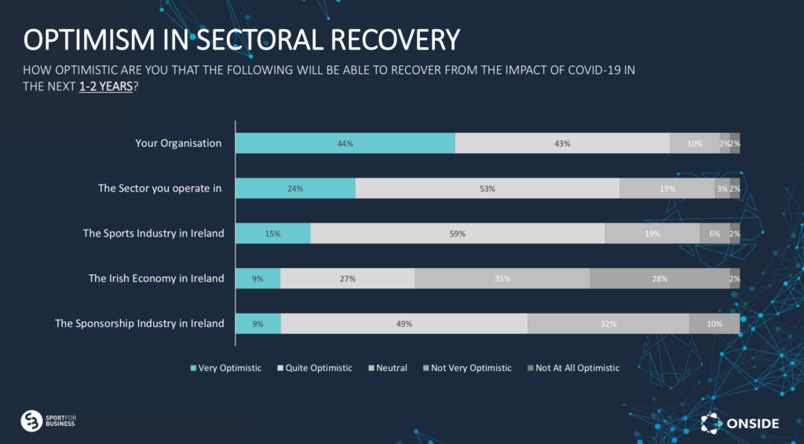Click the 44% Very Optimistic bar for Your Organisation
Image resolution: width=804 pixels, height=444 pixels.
coord(345,143)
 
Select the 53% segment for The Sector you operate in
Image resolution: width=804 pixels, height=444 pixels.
coord(487,189)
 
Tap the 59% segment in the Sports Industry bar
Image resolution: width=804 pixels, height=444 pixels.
coord(458,233)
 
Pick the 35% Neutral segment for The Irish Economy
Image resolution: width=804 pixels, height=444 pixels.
coord(502,278)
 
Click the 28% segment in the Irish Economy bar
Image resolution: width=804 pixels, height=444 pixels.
coord(660,278)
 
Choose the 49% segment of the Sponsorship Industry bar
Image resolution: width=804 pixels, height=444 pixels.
coord(404,324)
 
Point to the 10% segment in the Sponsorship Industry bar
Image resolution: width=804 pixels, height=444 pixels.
coord(714,324)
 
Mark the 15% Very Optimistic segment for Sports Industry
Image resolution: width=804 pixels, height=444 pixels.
coord(273,233)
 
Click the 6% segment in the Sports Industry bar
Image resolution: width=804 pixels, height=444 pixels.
coord(714,233)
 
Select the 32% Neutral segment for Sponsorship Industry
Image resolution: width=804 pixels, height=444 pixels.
coord(608,324)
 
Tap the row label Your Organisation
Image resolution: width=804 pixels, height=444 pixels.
coord(178,143)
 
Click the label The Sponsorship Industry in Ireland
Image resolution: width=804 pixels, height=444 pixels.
coord(140,324)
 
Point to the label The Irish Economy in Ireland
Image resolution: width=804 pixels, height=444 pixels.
coord(156,278)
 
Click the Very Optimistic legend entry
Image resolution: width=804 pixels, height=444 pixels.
coord(226,368)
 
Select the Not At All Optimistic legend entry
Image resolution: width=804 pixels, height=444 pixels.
coord(574,368)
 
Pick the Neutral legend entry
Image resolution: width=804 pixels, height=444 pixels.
coord(388,368)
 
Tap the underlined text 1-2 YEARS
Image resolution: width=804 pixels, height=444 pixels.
coord(106,86)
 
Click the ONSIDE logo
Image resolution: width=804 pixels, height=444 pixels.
coord(740,424)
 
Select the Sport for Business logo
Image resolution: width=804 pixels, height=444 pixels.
coord(48,421)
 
